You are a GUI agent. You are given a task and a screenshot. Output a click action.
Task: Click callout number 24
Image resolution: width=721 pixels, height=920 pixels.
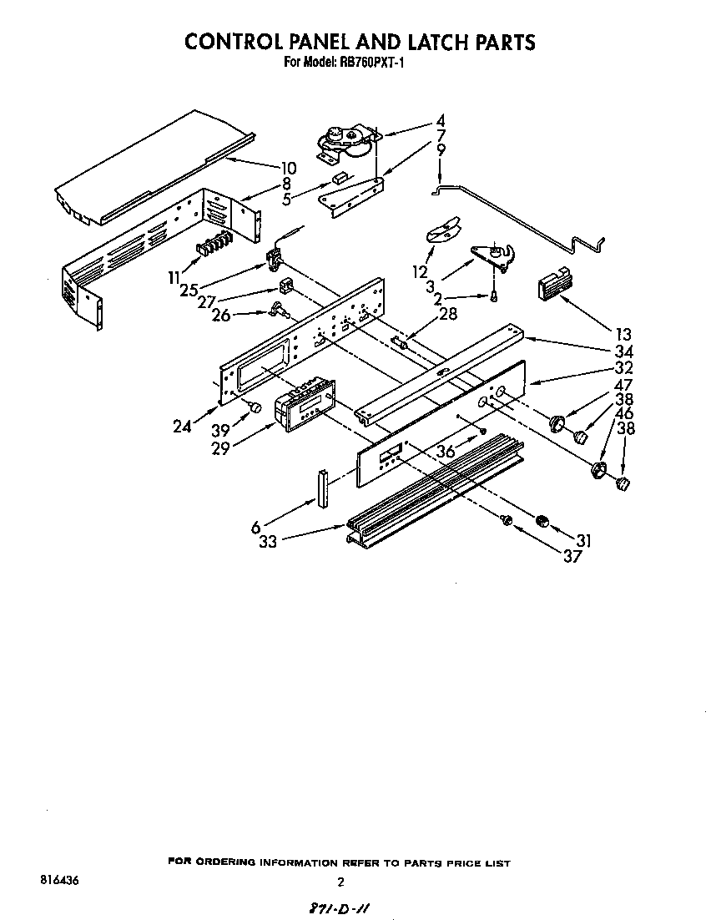tap(183, 427)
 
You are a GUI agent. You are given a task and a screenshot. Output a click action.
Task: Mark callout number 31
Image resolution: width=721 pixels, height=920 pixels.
tap(583, 541)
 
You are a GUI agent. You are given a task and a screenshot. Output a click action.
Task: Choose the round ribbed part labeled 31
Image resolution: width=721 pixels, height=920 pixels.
tap(543, 522)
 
